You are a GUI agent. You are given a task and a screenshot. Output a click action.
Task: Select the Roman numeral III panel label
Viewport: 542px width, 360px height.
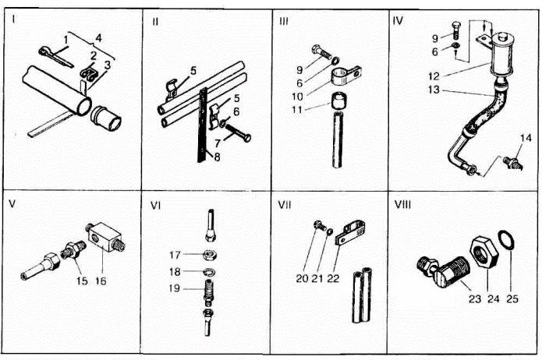coord(284,21)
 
